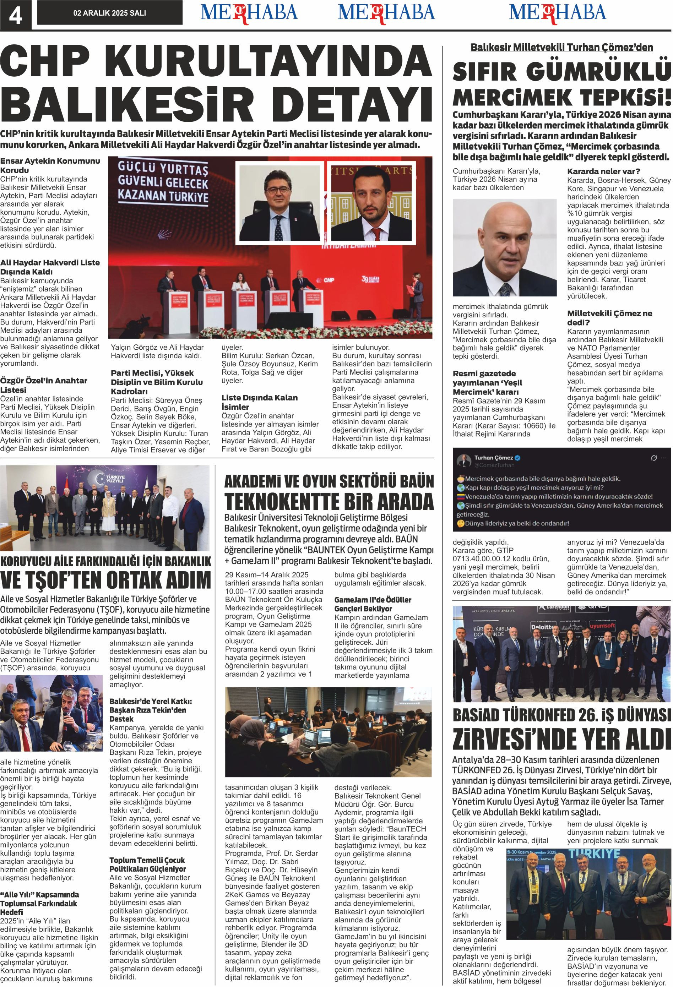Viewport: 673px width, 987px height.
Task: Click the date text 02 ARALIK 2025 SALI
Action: [x=110, y=13]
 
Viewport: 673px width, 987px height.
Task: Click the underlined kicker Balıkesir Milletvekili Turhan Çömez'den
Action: [x=562, y=47]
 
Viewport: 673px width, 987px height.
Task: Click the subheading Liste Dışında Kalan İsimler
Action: [x=259, y=402]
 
